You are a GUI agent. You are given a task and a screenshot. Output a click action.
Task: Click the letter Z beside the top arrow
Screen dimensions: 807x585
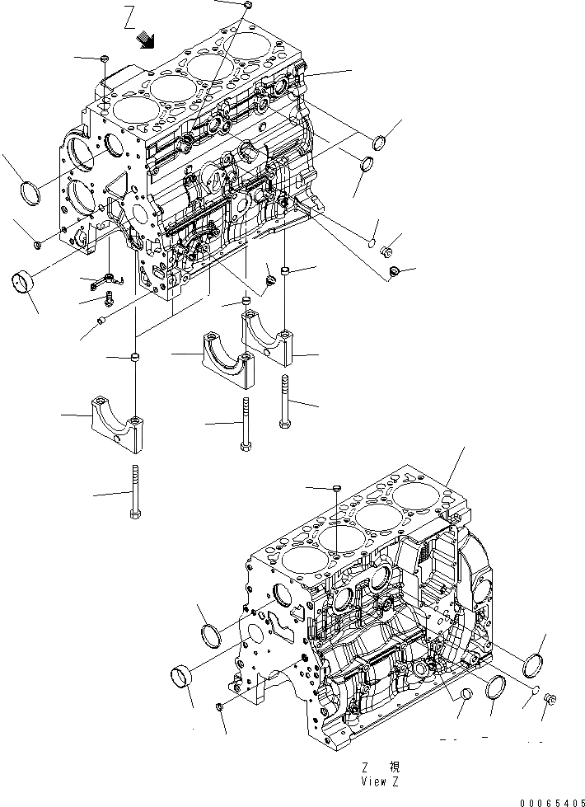[129, 17]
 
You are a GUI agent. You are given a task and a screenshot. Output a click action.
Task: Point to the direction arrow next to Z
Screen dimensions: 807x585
[147, 38]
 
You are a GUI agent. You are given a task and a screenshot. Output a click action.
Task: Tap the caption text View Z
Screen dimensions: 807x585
[382, 780]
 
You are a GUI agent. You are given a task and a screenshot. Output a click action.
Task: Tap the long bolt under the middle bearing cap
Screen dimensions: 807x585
[246, 423]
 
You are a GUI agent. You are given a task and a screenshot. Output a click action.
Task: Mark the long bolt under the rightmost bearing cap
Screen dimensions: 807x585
[285, 401]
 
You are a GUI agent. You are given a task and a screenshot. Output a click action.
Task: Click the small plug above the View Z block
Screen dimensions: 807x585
[337, 490]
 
